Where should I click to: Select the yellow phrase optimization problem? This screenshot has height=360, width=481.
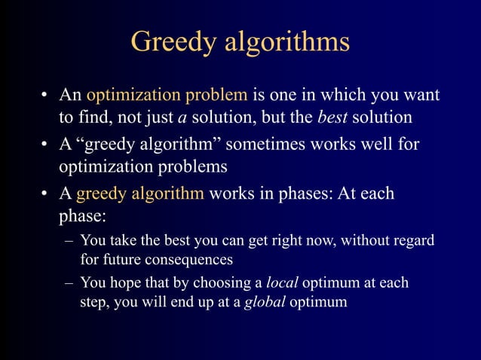[167, 96]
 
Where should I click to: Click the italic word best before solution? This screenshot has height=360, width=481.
[332, 118]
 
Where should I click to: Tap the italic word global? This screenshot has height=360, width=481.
[262, 303]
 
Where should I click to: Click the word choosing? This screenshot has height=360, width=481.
[225, 283]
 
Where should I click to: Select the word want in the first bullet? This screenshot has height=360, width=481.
[420, 96]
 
